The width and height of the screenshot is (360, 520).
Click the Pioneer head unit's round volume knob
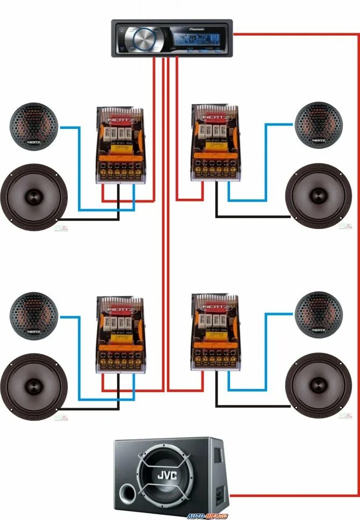click(x=143, y=38)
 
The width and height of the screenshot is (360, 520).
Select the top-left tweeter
click(x=33, y=125)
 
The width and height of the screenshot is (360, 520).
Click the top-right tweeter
click(x=318, y=124)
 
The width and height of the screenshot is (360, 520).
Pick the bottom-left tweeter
click(x=33, y=314)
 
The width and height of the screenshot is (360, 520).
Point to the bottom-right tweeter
click(x=318, y=314)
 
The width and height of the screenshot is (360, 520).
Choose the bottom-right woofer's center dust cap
click(x=318, y=385)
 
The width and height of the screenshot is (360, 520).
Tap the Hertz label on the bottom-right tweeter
click(x=318, y=329)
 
